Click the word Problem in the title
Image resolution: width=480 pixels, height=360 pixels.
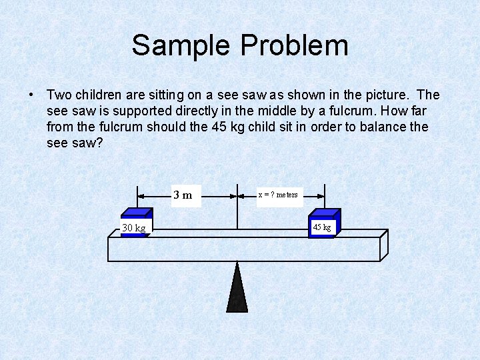[x=294, y=45]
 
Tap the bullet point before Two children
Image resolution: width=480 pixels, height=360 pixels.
[x=31, y=95]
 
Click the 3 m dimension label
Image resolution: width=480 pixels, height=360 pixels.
[x=183, y=195]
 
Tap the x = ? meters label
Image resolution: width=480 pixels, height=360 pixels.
[x=278, y=195]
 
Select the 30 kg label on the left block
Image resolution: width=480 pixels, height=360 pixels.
[x=134, y=228]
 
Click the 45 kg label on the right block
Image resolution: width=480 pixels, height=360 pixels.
[x=322, y=227]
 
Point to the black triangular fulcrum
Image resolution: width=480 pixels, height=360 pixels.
[x=237, y=290]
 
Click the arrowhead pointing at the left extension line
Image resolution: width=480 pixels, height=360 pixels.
[x=141, y=196]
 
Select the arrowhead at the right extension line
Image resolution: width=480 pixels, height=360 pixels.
[x=321, y=196]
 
